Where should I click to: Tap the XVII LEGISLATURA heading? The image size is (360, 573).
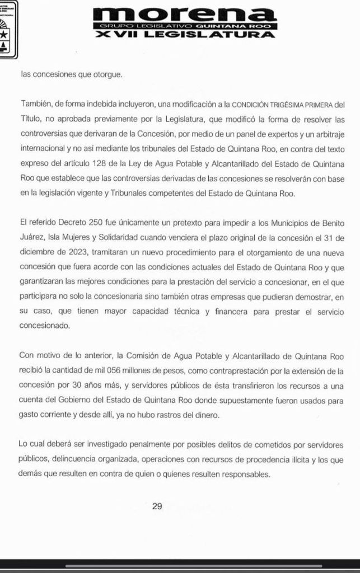(184, 35)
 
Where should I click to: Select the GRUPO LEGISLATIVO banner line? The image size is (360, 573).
(184, 26)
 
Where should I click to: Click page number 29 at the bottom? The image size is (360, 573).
(157, 506)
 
